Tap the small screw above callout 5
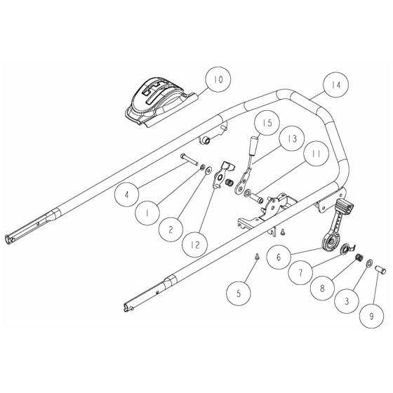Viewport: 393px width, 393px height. (x=258, y=255)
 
